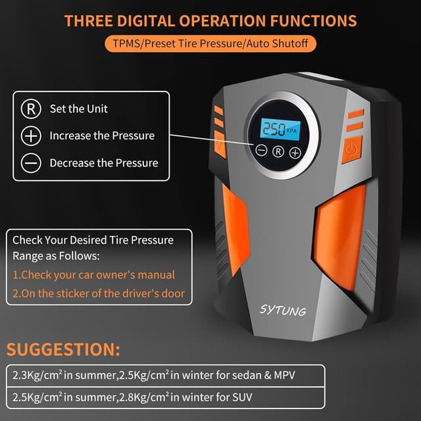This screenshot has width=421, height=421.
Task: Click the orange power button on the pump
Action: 351,149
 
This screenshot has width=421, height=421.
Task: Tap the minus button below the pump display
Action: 261,151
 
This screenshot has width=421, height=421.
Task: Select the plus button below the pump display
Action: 295,152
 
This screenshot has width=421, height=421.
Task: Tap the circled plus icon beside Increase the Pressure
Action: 31,136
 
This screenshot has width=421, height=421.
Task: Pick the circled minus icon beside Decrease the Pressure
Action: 31,162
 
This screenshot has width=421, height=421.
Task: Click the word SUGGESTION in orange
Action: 63,349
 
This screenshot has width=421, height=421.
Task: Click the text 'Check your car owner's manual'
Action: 94,275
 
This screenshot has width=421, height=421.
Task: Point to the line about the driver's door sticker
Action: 99,293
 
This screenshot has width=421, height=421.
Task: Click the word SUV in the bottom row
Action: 241,397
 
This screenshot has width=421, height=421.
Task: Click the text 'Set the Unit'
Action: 79,109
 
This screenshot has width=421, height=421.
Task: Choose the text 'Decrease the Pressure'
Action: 104,162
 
